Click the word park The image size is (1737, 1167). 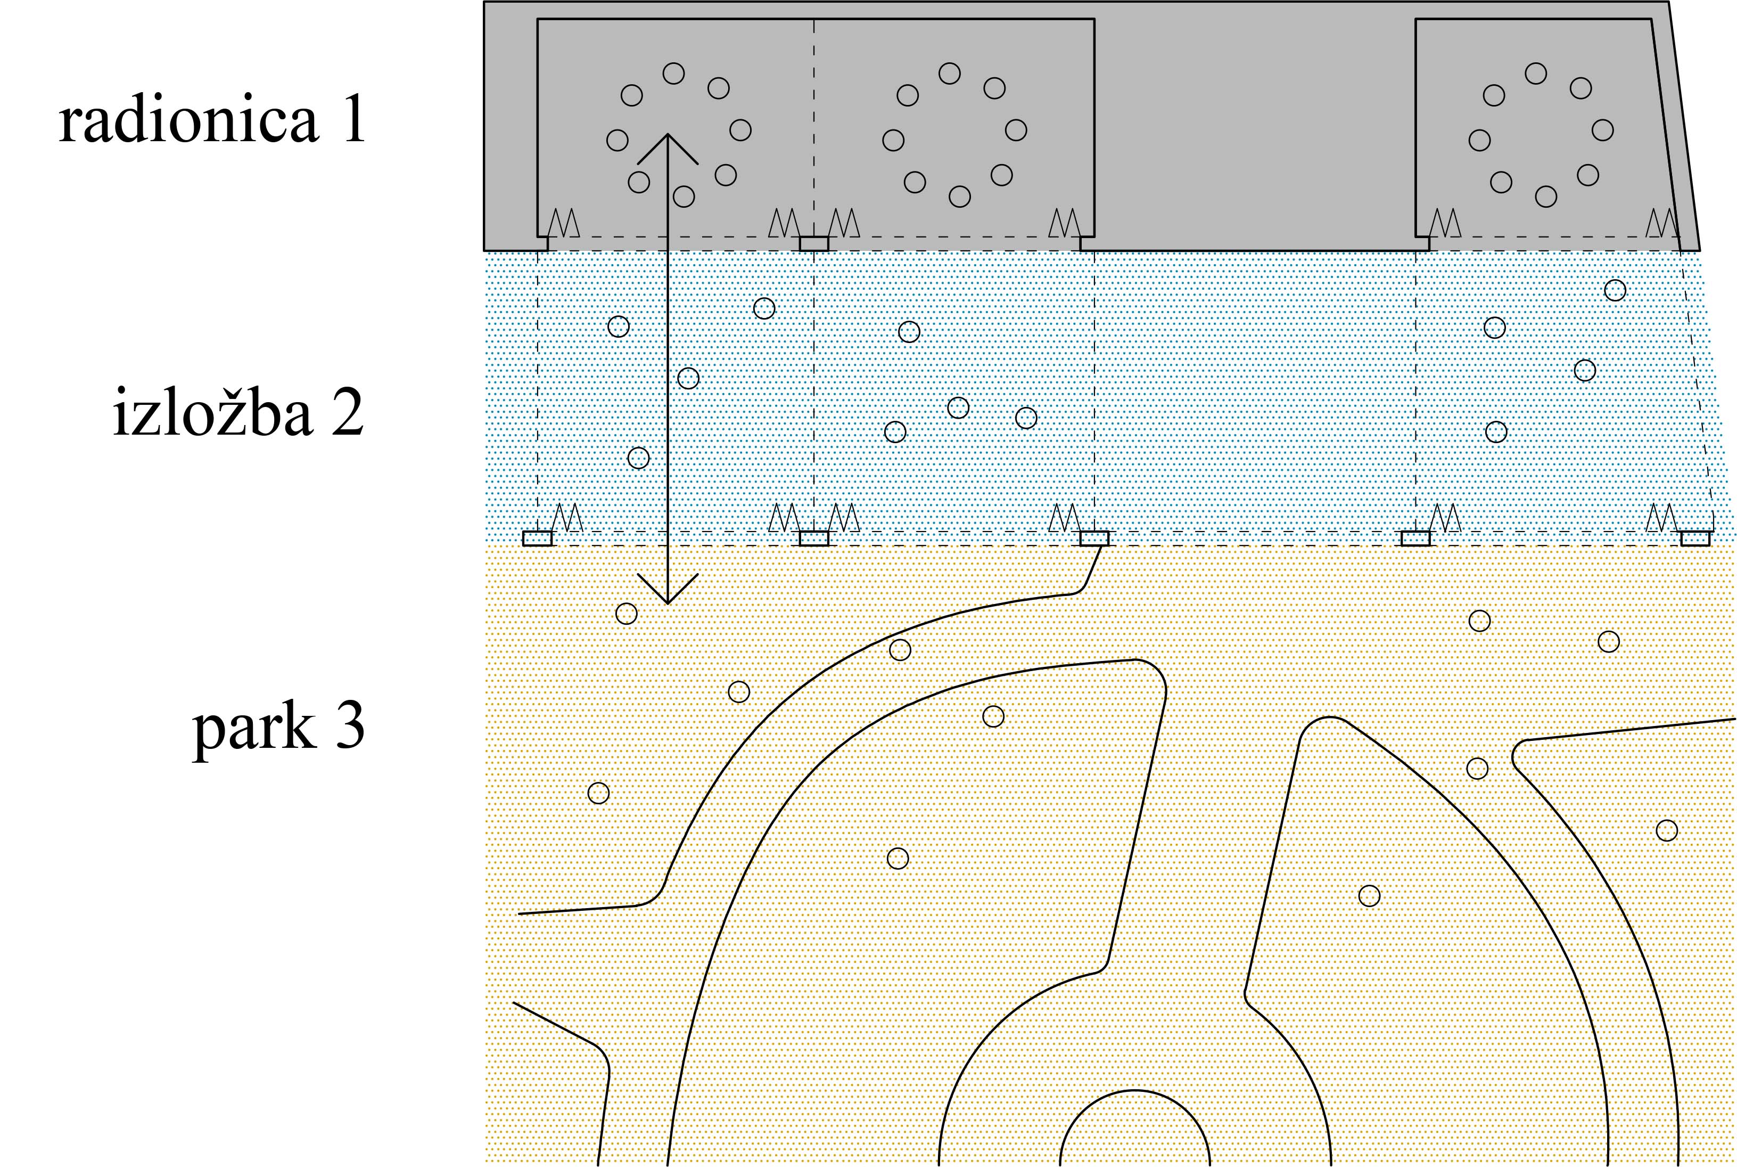click(x=253, y=729)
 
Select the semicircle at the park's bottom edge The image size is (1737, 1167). click(x=1134, y=1091)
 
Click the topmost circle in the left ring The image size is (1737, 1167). click(x=674, y=73)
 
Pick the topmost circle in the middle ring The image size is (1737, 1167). click(x=949, y=73)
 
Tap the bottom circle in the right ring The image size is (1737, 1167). click(x=1546, y=197)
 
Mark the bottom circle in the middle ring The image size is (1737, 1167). click(x=960, y=197)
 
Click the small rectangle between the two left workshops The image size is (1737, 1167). click(x=814, y=243)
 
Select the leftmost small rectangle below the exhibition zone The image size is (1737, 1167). click(x=537, y=538)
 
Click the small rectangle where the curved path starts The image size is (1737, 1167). click(x=1094, y=538)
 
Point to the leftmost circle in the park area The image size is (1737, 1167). click(x=599, y=793)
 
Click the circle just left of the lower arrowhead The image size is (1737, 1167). click(x=627, y=613)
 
